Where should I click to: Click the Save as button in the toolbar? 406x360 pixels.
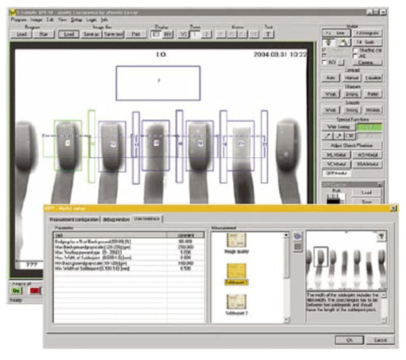tap(92, 34)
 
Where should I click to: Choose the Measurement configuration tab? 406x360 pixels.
tap(75, 219)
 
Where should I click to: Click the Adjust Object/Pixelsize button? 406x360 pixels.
tap(351, 145)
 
